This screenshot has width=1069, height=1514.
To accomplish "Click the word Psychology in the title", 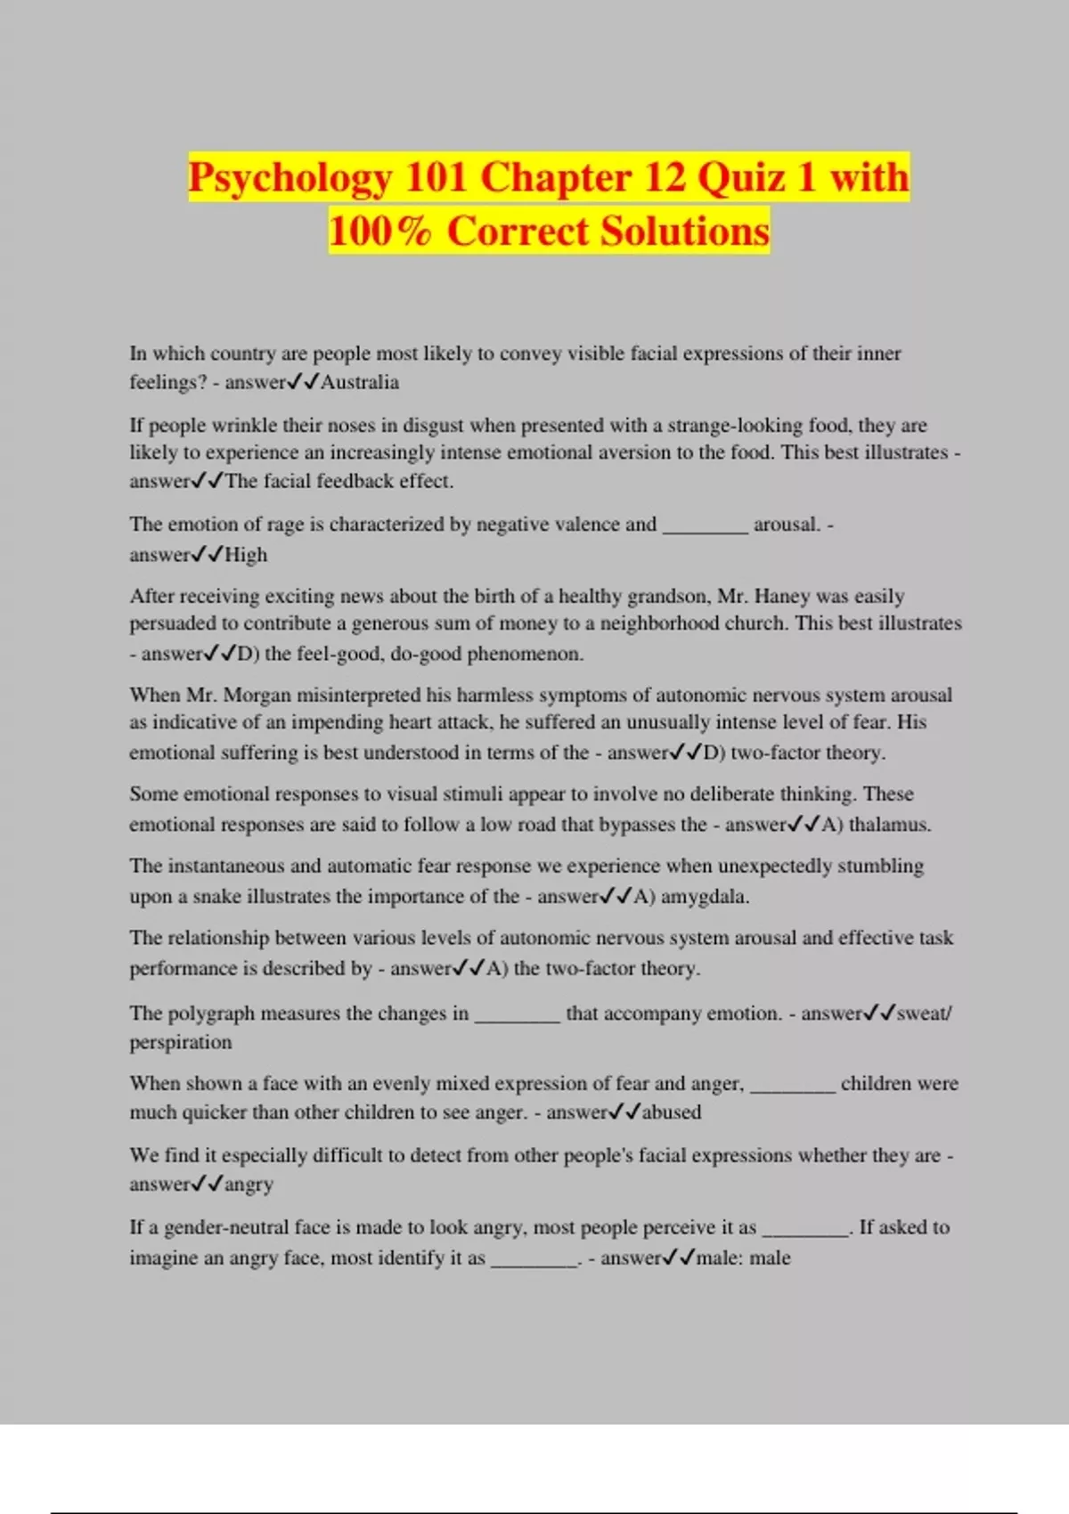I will point(290,177).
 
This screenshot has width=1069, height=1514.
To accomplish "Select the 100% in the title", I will point(380,231).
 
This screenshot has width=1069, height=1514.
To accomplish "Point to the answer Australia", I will point(360,382).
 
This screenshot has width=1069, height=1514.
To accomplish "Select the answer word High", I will point(246,555).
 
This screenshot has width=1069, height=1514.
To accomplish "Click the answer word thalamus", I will point(889,825).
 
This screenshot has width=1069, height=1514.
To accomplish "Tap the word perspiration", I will point(181,1042).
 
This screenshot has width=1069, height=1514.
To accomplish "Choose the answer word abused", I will point(672,1112).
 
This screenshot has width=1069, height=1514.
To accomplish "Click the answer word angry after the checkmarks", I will point(249,1184).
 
